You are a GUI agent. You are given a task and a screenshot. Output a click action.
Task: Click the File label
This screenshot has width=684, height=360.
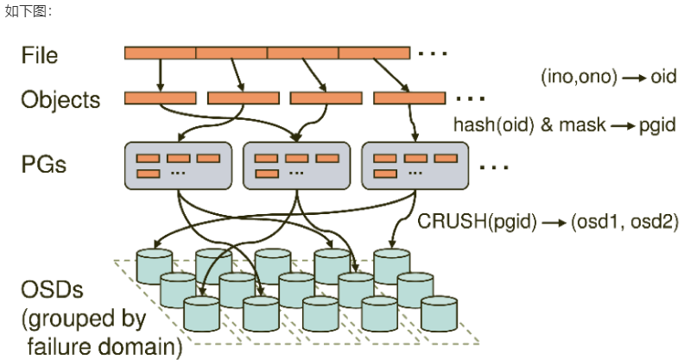[x=40, y=55]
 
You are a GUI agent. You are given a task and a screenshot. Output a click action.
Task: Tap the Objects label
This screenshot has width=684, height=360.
[x=60, y=99]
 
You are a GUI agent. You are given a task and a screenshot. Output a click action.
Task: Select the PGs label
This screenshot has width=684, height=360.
[x=44, y=163]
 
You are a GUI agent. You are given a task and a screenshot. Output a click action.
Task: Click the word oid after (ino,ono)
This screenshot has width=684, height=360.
[x=662, y=77]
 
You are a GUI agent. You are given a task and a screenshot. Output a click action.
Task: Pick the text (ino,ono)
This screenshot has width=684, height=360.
[x=579, y=77]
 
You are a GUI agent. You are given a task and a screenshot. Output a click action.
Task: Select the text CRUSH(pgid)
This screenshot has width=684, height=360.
[x=472, y=221]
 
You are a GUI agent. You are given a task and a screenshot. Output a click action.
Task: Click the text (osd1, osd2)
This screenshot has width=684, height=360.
[x=620, y=221]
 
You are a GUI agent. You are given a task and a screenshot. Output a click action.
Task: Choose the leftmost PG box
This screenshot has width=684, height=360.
[x=178, y=166]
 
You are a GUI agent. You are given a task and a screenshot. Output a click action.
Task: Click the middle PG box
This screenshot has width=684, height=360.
[x=296, y=166]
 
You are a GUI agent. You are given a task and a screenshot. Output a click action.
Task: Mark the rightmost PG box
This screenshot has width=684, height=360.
[x=415, y=166]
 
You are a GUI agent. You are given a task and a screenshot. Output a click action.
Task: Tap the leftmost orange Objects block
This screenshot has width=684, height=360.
[x=160, y=98]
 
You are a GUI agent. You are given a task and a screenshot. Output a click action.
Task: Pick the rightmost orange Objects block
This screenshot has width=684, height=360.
[x=408, y=98]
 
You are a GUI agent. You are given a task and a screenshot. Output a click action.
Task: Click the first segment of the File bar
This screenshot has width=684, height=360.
[x=161, y=54]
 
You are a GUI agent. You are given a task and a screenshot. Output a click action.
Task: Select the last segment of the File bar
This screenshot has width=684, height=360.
[x=373, y=54]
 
